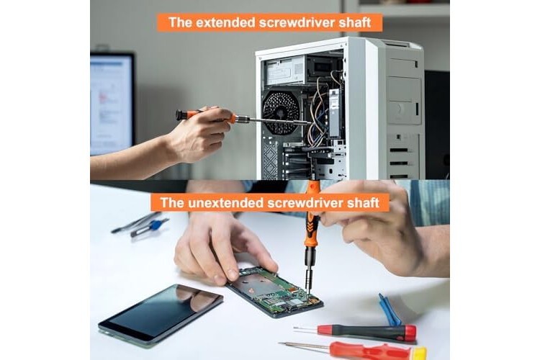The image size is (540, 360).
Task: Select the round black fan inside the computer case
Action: click(x=281, y=112)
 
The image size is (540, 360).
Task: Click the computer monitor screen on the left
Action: click(x=111, y=104)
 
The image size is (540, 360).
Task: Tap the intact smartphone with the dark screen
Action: click(x=161, y=314)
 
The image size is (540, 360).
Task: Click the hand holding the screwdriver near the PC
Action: click(x=199, y=134)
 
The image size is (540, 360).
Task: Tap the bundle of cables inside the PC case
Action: click(x=318, y=110)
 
